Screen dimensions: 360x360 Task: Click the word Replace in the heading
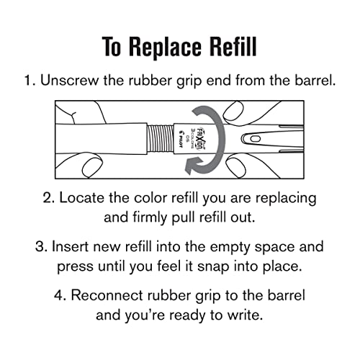coord(165,47)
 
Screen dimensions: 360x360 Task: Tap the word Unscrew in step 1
coord(69,81)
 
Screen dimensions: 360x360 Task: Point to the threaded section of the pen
coord(160,140)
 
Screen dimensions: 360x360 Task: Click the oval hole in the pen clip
coord(255,139)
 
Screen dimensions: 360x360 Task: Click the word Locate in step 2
coord(82,198)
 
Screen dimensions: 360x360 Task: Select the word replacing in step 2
coord(286,199)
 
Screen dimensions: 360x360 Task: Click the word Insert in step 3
coord(70,247)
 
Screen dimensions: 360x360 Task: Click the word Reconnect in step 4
coord(107,295)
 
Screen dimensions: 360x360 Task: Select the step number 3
coord(40,247)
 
